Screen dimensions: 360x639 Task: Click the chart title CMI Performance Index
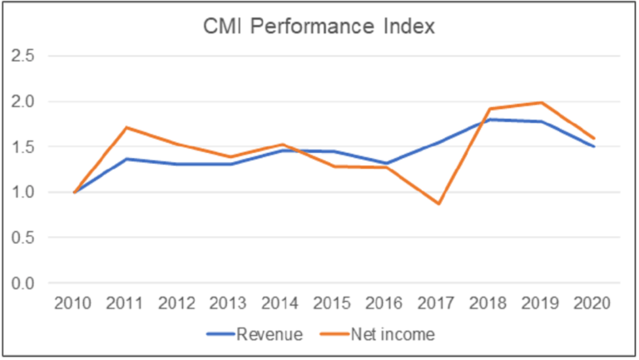click(x=319, y=28)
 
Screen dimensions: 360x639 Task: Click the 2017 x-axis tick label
click(x=438, y=303)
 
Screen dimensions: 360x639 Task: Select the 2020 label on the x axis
click(x=594, y=303)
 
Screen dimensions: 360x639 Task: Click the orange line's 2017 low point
click(x=438, y=204)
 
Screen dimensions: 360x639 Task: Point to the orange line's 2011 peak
click(x=127, y=127)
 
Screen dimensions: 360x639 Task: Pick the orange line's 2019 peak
click(x=542, y=102)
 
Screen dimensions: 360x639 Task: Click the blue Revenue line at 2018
click(x=490, y=119)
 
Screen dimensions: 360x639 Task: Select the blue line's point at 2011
click(x=127, y=159)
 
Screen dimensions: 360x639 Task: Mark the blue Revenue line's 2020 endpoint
click(x=594, y=146)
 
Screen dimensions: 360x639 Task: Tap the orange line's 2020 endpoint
click(x=594, y=138)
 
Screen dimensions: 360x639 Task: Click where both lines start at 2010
click(x=76, y=192)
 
